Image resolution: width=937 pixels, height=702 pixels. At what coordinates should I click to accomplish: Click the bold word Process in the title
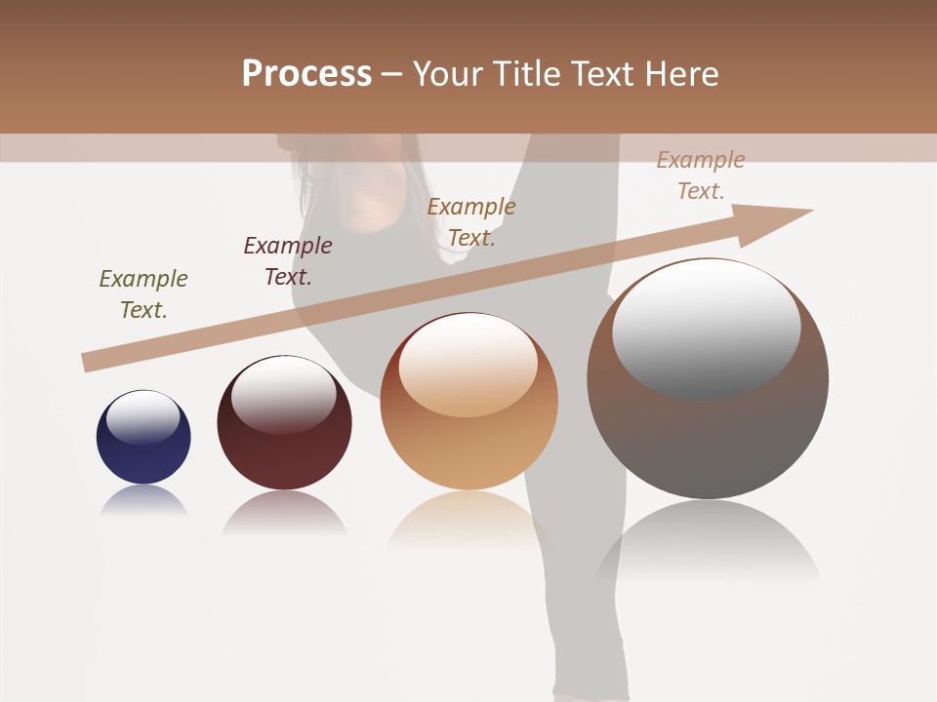[306, 74]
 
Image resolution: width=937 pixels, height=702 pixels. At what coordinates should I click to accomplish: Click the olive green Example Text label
[143, 294]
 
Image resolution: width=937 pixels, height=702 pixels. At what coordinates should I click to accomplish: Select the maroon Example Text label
[288, 261]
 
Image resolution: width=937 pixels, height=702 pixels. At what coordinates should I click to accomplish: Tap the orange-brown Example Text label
[471, 222]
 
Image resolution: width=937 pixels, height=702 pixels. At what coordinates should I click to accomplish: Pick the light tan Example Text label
[701, 175]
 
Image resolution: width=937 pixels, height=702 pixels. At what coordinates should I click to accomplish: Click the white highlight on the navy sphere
[143, 416]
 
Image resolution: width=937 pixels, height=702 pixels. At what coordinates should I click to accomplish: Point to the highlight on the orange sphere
[468, 363]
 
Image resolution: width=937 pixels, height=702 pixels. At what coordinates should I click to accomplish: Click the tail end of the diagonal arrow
[90, 362]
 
